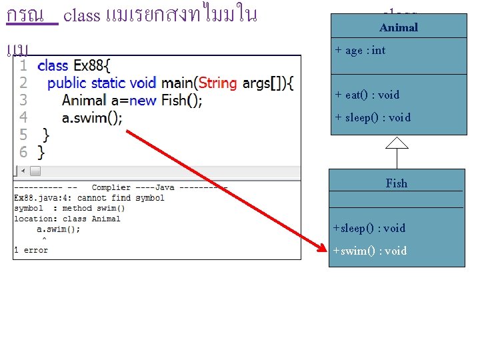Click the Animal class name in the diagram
pos(399,27)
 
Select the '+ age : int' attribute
pos(360,51)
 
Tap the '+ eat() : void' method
pos(367,95)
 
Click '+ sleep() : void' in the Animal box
pos(373,117)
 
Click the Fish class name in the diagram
pos(397,183)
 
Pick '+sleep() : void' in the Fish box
pos(369,228)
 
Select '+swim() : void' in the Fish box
pos(370,251)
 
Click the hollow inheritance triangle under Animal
pos(397,142)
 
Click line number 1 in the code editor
pos(23,65)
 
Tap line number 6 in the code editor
pos(23,152)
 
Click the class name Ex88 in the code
pos(87,65)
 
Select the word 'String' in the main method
pos(217,83)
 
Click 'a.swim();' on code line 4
pos(92,117)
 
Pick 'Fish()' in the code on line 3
pos(180,100)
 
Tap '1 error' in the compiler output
pos(31,250)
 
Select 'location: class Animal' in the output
pos(67,219)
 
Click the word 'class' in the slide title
pos(81,15)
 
